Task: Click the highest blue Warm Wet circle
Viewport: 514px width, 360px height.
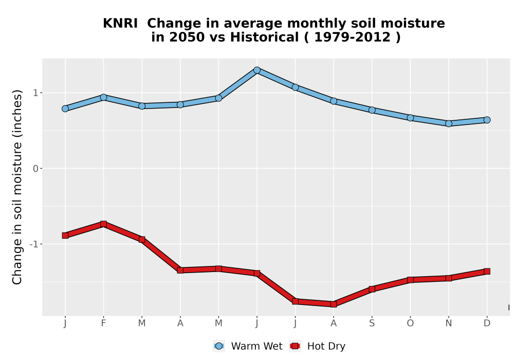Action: (257, 70)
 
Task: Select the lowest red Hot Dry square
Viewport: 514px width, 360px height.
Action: (334, 304)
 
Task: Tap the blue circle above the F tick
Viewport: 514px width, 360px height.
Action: (104, 97)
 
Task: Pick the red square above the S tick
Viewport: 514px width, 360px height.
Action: (372, 289)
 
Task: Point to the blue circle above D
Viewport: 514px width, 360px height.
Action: (487, 120)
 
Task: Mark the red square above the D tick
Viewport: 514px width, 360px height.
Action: (487, 271)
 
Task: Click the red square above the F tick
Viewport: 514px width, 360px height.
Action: (104, 224)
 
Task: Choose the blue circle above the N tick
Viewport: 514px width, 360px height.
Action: (449, 123)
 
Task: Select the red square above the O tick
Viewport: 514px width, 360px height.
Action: (410, 280)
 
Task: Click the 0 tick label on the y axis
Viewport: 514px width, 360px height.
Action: (36, 169)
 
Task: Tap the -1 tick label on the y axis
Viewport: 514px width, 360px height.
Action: (34, 244)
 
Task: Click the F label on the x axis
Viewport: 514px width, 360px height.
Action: (104, 323)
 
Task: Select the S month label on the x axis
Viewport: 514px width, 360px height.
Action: (372, 323)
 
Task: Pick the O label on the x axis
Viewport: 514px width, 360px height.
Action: (410, 323)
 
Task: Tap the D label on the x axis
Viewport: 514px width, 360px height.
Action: (487, 323)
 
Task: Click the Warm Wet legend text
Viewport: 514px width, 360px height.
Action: (256, 346)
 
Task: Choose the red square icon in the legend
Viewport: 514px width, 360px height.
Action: (295, 346)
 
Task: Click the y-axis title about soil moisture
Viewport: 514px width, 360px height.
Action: (17, 187)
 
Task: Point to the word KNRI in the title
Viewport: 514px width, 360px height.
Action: (120, 24)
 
